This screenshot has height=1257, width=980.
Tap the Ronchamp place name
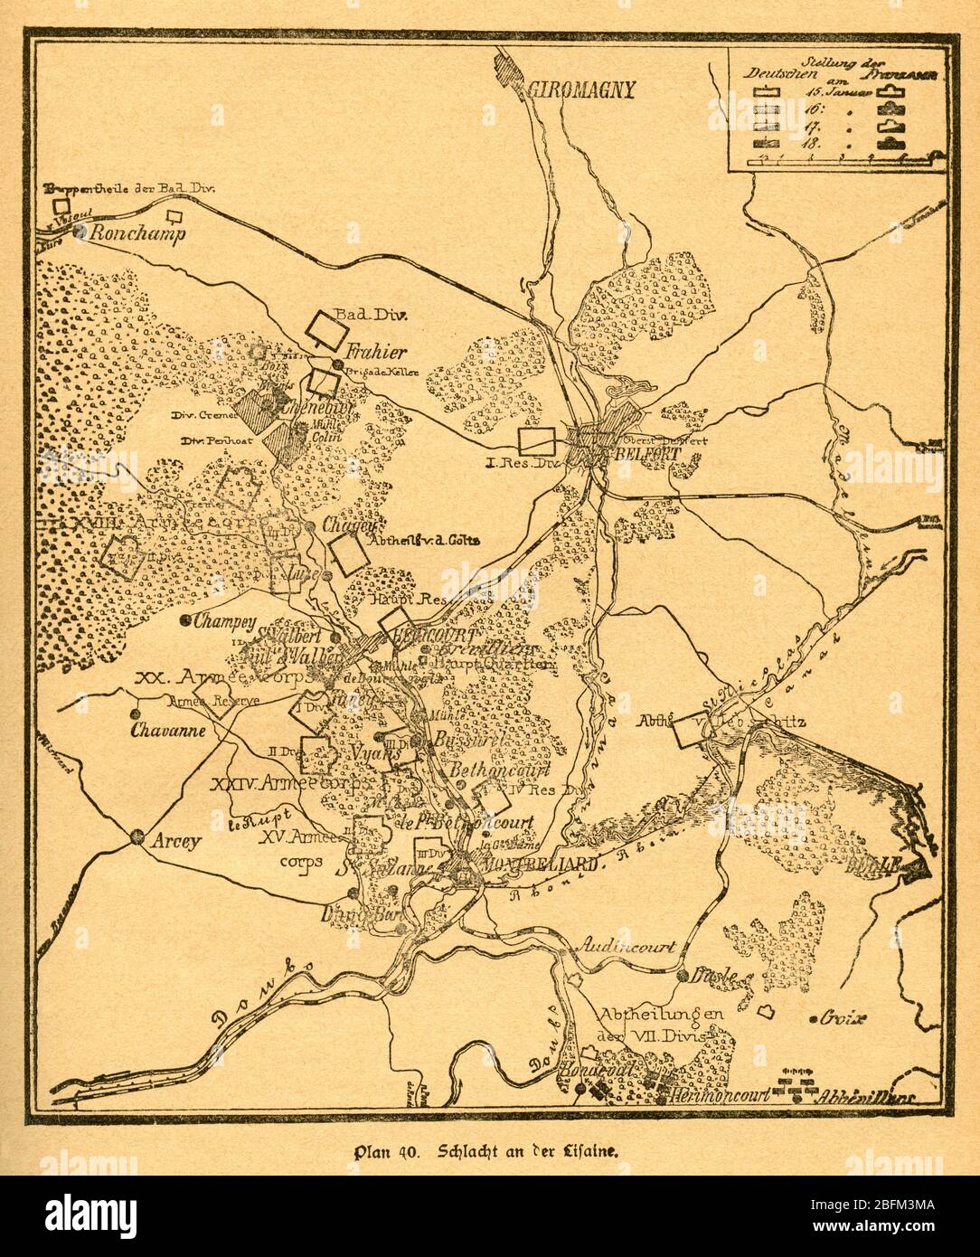tap(136, 233)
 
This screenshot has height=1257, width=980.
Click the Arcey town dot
tap(137, 837)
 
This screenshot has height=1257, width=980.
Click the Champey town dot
tap(185, 620)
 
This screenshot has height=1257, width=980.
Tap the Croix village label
tap(843, 1017)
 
